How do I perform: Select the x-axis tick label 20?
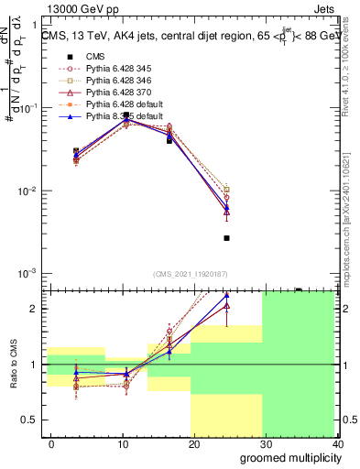point(193,444)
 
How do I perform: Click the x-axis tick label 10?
point(122,444)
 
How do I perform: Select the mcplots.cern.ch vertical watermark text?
point(351,220)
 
